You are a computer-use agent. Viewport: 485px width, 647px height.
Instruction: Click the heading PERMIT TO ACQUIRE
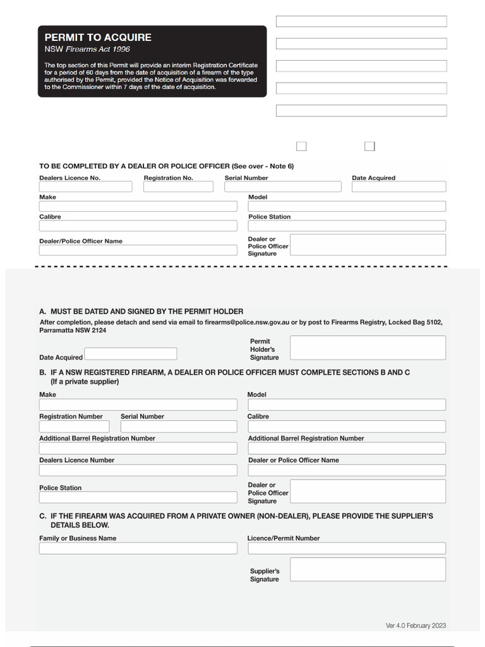pyautogui.click(x=98, y=37)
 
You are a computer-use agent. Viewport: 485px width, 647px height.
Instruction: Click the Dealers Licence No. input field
pyautogui.click(x=85, y=187)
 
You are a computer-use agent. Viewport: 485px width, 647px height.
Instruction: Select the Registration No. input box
pyautogui.click(x=178, y=187)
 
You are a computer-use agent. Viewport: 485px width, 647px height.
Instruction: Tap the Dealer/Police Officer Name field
pyautogui.click(x=138, y=250)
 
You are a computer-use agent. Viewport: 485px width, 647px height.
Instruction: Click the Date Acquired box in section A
pyautogui.click(x=131, y=354)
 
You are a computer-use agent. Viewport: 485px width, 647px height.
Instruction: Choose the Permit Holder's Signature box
pyautogui.click(x=368, y=348)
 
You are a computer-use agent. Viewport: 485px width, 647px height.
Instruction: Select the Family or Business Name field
pyautogui.click(x=138, y=548)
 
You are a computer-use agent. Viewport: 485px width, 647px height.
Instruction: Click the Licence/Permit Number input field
pyautogui.click(x=346, y=548)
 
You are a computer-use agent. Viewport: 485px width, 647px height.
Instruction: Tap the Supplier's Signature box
pyautogui.click(x=368, y=569)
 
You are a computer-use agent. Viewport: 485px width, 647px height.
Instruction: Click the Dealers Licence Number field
pyautogui.click(x=138, y=470)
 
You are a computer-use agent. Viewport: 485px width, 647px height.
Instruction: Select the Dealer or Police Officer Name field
pyautogui.click(x=346, y=470)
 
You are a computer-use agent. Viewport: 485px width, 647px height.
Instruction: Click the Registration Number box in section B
pyautogui.click(x=74, y=426)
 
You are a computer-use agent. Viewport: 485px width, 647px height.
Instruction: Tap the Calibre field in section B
pyautogui.click(x=346, y=426)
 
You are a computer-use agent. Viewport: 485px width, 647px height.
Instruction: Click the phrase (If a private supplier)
pyautogui.click(x=85, y=382)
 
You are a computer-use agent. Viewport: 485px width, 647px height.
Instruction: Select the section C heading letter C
pyautogui.click(x=42, y=516)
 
